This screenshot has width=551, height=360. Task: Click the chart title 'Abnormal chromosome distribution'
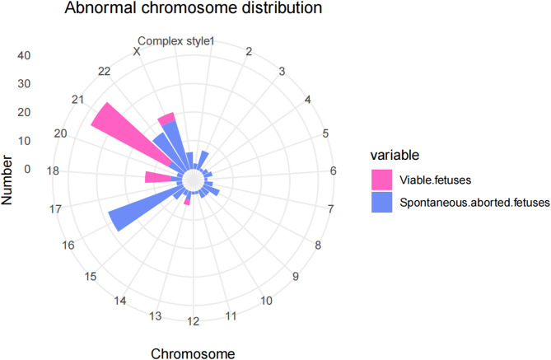click(172, 12)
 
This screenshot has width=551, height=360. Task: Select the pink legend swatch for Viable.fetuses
click(382, 178)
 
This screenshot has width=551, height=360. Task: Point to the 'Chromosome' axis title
click(198, 353)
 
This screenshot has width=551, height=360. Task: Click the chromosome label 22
click(104, 72)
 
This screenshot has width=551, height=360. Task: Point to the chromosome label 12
click(192, 321)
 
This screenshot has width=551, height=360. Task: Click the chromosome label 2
click(248, 53)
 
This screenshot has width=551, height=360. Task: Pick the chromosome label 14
click(120, 302)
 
